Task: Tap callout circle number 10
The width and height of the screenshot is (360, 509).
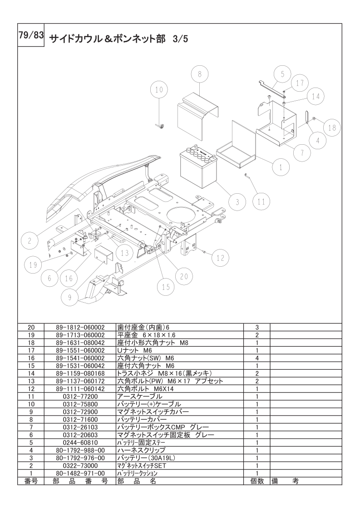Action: tap(159, 89)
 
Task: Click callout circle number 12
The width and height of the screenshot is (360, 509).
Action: tap(220, 258)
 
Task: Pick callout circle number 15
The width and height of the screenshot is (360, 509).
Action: tap(166, 286)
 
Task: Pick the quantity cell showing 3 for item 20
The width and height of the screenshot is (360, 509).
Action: tap(257, 327)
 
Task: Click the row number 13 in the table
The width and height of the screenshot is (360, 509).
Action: tap(31, 381)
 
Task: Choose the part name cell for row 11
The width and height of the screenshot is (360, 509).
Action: tap(179, 396)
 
